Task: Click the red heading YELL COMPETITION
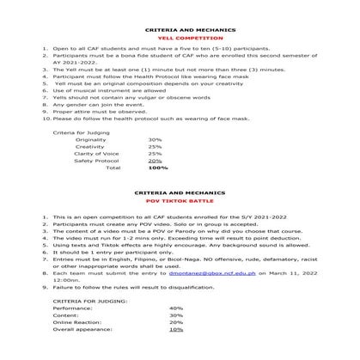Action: [180, 39]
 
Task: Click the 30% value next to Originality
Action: [155, 139]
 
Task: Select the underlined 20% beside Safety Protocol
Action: [155, 161]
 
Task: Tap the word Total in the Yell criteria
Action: [113, 168]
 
